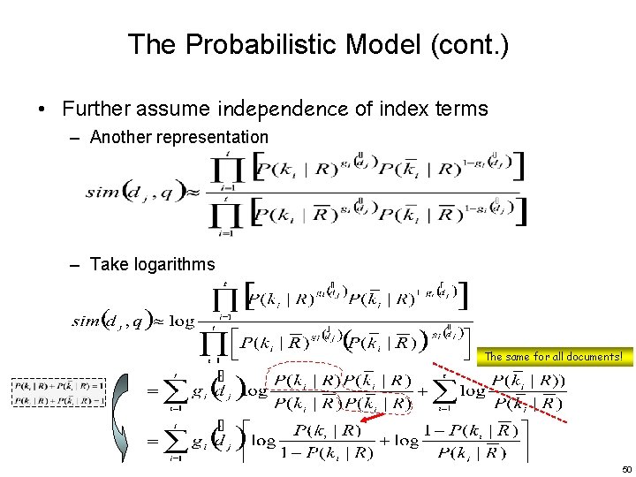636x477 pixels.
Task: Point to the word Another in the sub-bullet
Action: (119, 137)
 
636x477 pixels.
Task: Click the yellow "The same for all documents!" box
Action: (554, 357)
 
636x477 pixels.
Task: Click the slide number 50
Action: (626, 469)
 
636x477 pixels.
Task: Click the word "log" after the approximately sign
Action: (182, 322)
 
